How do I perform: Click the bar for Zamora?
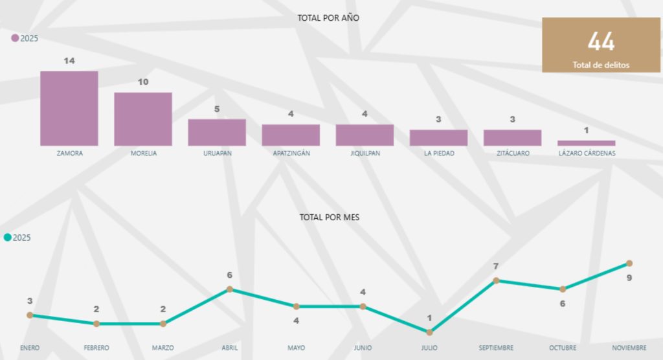(69, 108)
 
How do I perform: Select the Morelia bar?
(143, 119)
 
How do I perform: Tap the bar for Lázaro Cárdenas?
(586, 143)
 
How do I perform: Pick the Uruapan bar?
(217, 132)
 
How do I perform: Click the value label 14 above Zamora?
(69, 61)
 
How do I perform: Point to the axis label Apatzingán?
(291, 153)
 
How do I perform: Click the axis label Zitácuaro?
(513, 153)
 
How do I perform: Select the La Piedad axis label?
(440, 153)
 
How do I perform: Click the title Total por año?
(328, 17)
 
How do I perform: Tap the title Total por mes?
(330, 218)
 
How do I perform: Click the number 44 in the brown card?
(601, 42)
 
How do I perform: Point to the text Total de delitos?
(601, 65)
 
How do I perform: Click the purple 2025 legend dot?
(15, 38)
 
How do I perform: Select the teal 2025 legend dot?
(8, 238)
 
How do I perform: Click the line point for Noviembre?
(629, 264)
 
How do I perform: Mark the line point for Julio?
(429, 333)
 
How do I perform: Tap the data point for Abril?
(230, 289)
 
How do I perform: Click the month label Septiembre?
(496, 348)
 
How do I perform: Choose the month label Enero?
(30, 348)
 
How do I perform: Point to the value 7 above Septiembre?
(496, 266)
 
